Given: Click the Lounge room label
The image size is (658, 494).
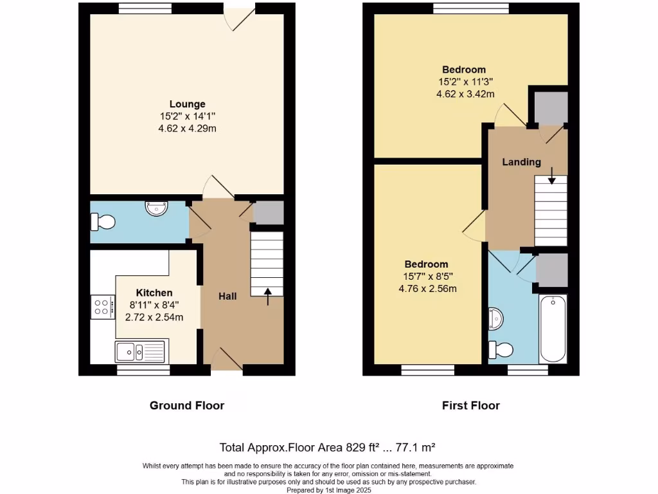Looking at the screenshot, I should pos(187,104).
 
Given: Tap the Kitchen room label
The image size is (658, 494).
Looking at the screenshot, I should pos(154,293).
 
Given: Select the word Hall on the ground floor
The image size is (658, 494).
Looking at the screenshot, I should pos(227,296).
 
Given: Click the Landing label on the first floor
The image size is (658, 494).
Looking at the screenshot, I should pos(521,162).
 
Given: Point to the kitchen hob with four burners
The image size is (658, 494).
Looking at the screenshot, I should pos(103,307).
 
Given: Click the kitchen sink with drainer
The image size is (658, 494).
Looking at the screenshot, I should pos(141,351).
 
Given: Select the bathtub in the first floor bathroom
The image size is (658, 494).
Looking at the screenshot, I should pos(553,329).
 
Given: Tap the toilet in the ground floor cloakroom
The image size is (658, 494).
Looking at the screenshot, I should pos(103,222).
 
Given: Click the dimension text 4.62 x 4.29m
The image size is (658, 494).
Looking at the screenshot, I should pos(187,128).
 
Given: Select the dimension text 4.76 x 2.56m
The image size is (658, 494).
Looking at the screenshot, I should pos(427,288).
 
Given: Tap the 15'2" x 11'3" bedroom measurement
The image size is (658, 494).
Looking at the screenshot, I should pos(465,82).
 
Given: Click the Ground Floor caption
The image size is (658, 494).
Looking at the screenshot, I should pos(187,405).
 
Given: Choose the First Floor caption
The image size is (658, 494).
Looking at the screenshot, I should pos(470,405).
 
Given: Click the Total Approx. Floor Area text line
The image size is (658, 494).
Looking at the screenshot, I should pos(328,447).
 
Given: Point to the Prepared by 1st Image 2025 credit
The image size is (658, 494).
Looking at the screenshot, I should pos(328,489).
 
